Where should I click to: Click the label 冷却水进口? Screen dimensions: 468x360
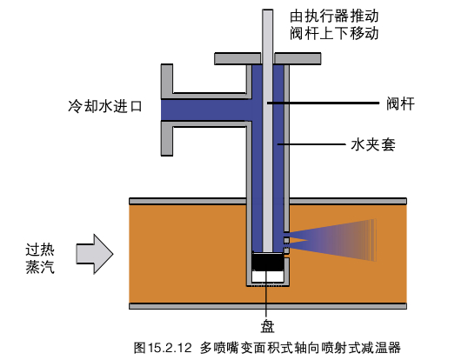tap(105, 106)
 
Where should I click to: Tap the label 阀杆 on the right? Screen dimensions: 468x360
tap(400, 103)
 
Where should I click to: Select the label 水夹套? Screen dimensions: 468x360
tap(373, 144)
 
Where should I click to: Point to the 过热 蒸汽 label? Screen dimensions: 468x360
tap(40, 258)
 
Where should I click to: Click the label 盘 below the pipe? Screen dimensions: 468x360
tap(267, 326)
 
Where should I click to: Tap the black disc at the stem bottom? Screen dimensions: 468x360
tap(267, 262)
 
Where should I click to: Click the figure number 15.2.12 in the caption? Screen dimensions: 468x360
tap(170, 348)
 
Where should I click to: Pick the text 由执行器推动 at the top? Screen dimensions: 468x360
tap(334, 16)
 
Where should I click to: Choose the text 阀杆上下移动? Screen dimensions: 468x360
tap(334, 33)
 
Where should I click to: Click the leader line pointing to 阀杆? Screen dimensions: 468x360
tap(323, 103)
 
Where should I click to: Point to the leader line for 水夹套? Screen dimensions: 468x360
tap(311, 144)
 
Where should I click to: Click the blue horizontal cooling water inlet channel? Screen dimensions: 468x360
tap(206, 110)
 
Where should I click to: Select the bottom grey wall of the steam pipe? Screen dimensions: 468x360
tap(268, 306)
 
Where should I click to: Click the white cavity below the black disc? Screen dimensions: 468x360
tap(267, 277)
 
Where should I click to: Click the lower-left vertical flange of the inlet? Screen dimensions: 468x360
tap(167, 138)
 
